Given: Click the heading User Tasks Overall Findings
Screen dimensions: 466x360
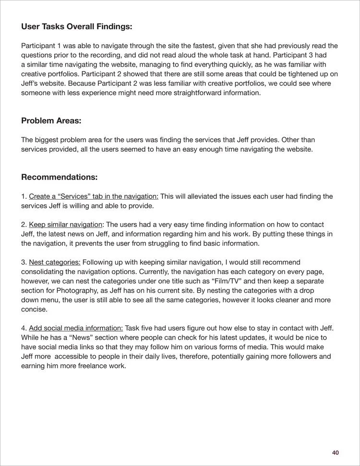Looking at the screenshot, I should coord(76,27).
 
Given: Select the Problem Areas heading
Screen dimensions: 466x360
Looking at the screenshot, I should coord(51,121).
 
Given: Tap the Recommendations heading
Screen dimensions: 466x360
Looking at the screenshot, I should coord(60,178).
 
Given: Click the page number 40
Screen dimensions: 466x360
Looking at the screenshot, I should coord(336,453).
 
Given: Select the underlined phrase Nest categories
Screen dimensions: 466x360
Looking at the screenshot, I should coord(55,262).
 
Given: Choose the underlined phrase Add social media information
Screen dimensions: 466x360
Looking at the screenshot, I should coord(76,328).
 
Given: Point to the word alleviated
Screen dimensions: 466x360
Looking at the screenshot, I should coord(202,196).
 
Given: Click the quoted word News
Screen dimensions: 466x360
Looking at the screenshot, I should coord(75,337).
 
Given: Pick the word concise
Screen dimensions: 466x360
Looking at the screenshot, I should coord(34,309).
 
